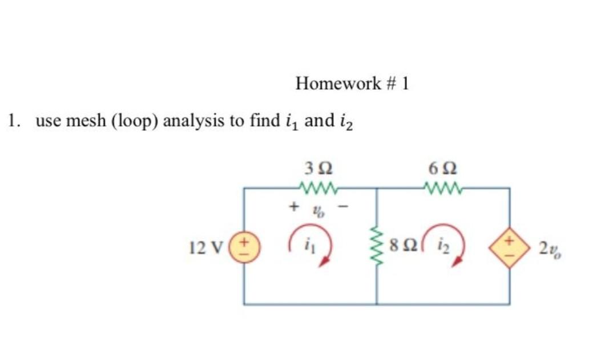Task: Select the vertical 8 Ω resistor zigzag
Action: (376, 246)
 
